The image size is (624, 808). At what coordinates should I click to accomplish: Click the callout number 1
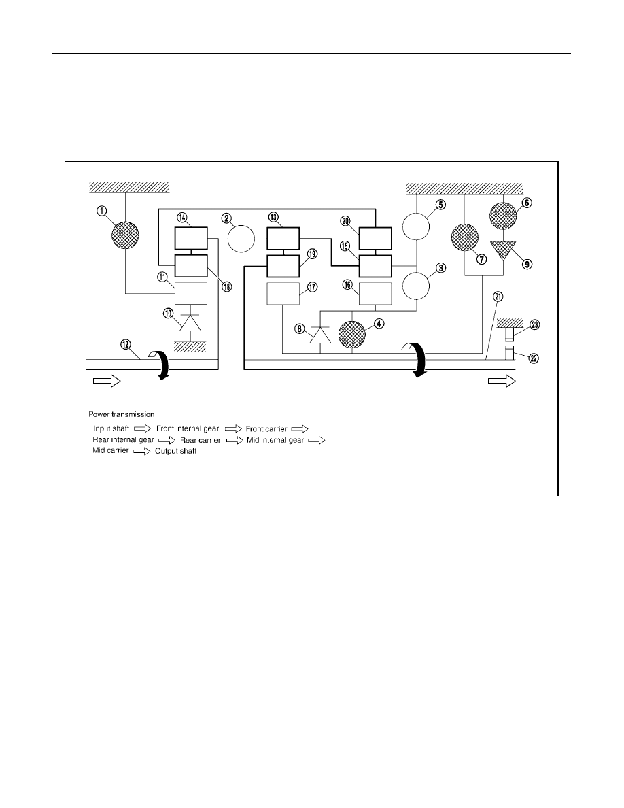pos(102,211)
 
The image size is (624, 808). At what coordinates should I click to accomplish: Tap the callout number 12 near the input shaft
pos(126,345)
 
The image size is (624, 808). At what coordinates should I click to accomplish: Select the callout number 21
pos(498,297)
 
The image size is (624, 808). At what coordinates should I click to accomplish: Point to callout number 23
pos(534,324)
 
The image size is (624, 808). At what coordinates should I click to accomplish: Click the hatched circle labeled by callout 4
pos(352,334)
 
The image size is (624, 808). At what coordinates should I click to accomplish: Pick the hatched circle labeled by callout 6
pos(503,216)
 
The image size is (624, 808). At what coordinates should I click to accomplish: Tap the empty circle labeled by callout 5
pos(415,226)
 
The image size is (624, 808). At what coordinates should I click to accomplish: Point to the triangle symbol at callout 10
pos(190,323)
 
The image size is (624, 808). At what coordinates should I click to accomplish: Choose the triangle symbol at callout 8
pos(320,335)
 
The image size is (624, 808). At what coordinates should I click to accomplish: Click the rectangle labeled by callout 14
pos(191,239)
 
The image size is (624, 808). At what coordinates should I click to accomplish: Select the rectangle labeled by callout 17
pos(283,294)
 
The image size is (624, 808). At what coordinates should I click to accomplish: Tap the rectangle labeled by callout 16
pos(375,294)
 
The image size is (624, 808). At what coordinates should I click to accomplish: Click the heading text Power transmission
pos(122,414)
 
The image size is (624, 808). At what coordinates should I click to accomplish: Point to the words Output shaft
pos(175,451)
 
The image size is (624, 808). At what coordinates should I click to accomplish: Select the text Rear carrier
pos(201,440)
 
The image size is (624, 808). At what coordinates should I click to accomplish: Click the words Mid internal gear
pos(275,440)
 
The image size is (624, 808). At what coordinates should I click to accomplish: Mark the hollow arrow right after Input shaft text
pos(143,428)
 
